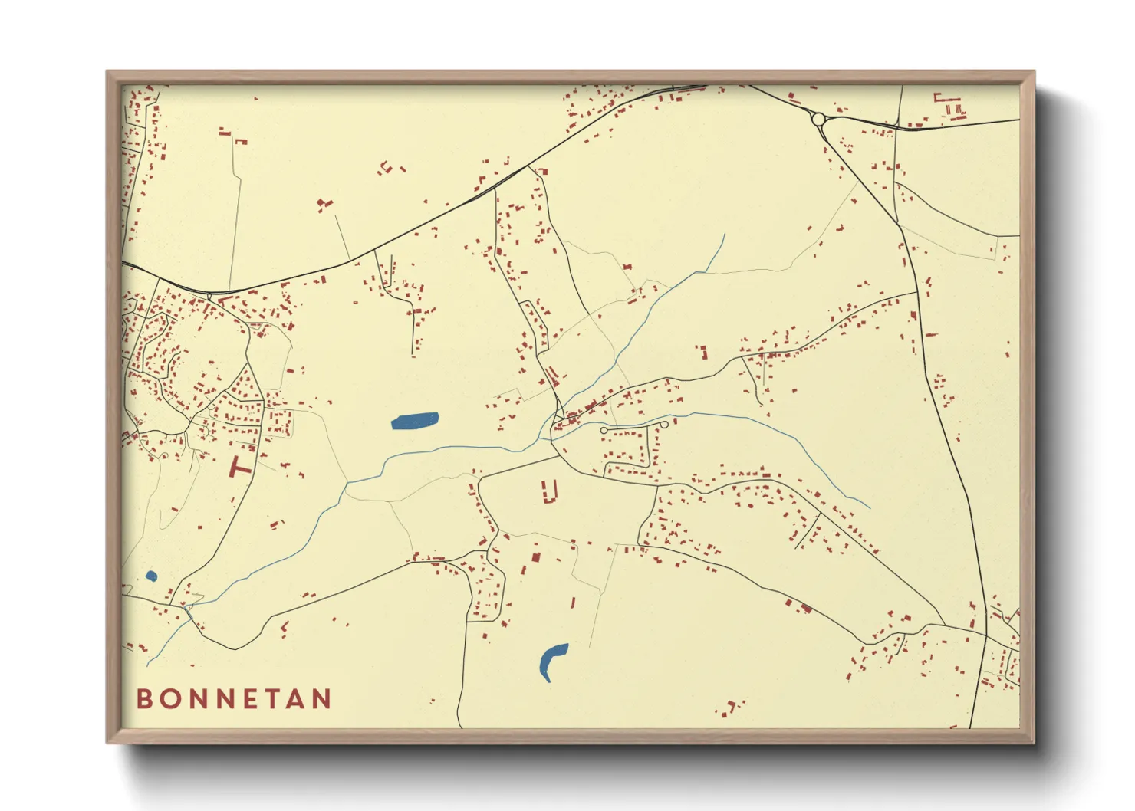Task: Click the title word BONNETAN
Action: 234,698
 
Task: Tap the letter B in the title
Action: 143,698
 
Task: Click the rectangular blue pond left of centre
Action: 415,421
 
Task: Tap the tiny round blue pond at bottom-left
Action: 151,576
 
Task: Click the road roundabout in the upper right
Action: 818,119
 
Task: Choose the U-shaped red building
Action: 549,491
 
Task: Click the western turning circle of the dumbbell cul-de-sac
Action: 604,432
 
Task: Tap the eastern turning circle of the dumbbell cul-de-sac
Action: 663,424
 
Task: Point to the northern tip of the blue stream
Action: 724,235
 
